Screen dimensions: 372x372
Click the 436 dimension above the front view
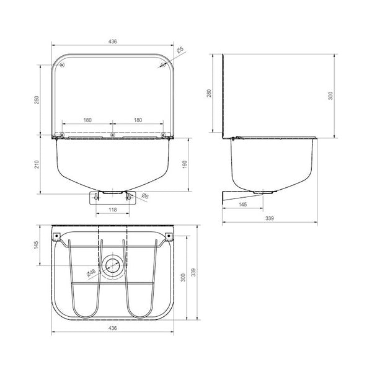[112, 42]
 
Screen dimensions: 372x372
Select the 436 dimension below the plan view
[112, 328]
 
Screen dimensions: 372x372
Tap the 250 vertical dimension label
[37, 100]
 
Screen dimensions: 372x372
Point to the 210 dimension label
[37, 164]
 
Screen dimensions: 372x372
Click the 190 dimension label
[185, 164]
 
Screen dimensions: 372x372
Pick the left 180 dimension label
[87, 120]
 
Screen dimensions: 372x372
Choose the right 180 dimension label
[138, 120]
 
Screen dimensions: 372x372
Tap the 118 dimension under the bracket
[112, 210]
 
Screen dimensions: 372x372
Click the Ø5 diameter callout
[180, 50]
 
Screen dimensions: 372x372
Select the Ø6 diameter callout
[144, 196]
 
